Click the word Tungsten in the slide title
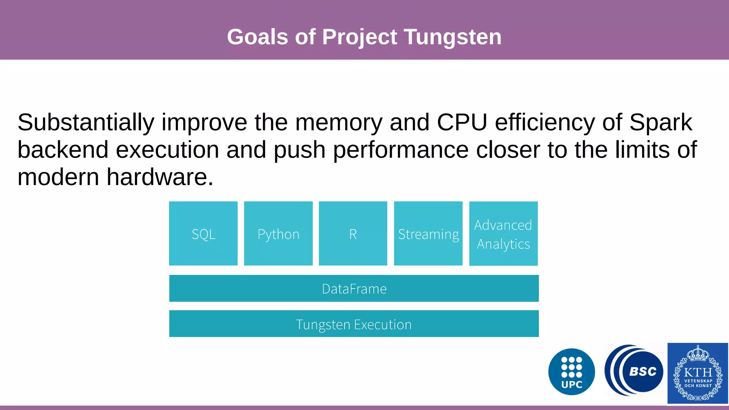[452, 37]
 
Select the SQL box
[203, 233]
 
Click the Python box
[278, 233]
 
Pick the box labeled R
[353, 233]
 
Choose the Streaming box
[428, 233]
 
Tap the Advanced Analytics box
[503, 233]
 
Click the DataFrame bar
[354, 288]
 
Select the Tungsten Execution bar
[354, 324]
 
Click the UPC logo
[572, 372]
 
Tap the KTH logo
[698, 373]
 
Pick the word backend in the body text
[63, 150]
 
